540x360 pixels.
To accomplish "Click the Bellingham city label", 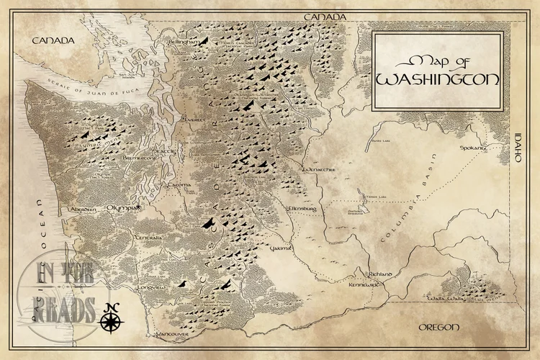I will coord(182,42).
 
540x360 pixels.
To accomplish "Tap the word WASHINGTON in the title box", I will coord(438,78).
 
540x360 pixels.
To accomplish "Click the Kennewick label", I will coord(364,285).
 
